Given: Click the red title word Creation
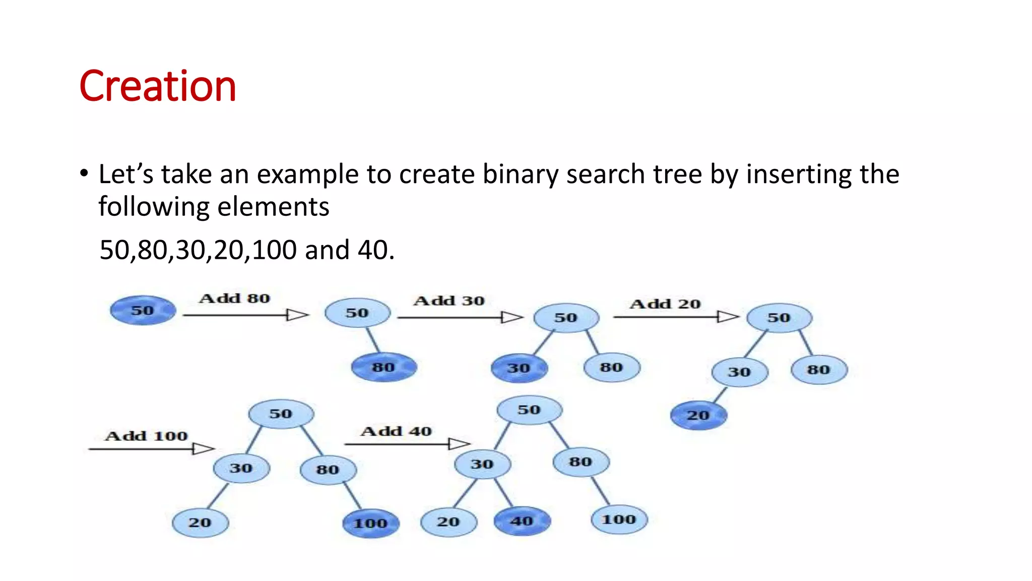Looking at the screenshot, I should (x=158, y=87).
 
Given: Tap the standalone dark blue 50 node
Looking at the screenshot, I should (x=143, y=310).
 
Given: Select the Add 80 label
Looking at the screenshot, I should (x=235, y=299).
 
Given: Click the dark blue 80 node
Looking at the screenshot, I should (x=383, y=367).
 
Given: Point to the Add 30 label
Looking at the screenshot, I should (x=449, y=301).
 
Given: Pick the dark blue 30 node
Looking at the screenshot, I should (x=519, y=368).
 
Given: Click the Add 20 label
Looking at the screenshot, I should (x=665, y=304).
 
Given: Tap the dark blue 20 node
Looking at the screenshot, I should (x=698, y=416).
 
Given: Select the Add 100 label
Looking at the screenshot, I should (x=146, y=436).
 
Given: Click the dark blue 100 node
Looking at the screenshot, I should (x=370, y=524).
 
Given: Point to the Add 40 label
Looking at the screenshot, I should (x=396, y=432).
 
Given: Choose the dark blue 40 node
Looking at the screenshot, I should (x=522, y=521).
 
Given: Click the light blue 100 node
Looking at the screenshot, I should (x=619, y=519).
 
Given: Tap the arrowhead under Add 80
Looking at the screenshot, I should (x=297, y=315).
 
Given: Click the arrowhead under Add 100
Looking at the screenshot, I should (x=204, y=448).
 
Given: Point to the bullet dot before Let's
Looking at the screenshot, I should (x=84, y=173).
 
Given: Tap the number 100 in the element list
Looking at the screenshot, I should (x=274, y=250).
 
